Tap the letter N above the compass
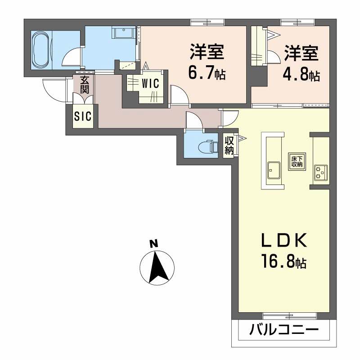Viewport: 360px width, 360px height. click(154, 244)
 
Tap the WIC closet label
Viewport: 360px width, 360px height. click(148, 84)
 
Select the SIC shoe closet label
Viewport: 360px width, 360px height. click(83, 116)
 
